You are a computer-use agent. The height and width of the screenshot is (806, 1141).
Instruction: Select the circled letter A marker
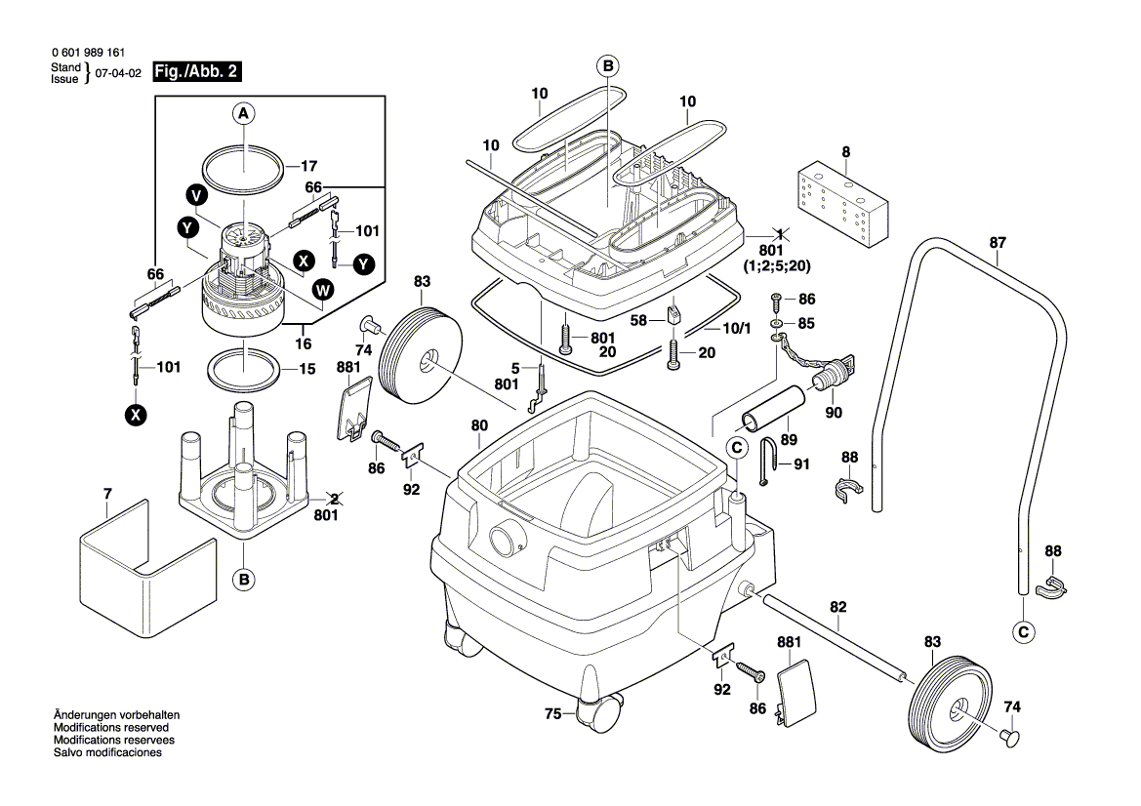click(x=244, y=114)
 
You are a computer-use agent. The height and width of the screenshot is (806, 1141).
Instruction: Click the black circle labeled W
click(x=321, y=289)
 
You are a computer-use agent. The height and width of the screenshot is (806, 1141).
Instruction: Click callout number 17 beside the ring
click(x=307, y=166)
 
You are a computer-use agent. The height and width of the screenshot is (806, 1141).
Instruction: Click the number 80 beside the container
click(x=479, y=425)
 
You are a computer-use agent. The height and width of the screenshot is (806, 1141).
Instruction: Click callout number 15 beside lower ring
click(x=307, y=369)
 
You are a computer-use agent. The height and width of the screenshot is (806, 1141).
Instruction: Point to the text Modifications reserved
click(x=110, y=728)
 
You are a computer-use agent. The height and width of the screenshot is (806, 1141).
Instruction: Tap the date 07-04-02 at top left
click(x=118, y=73)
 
